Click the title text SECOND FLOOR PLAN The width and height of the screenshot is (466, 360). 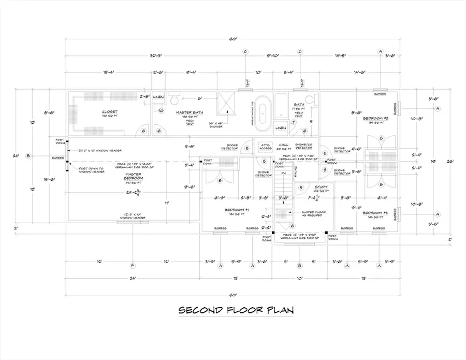pos(236,310)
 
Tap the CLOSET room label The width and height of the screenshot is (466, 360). pos(110,111)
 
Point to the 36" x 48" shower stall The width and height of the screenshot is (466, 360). pos(227,106)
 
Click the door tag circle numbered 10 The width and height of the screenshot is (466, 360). pos(161,110)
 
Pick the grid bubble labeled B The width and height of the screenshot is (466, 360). pos(28,156)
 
